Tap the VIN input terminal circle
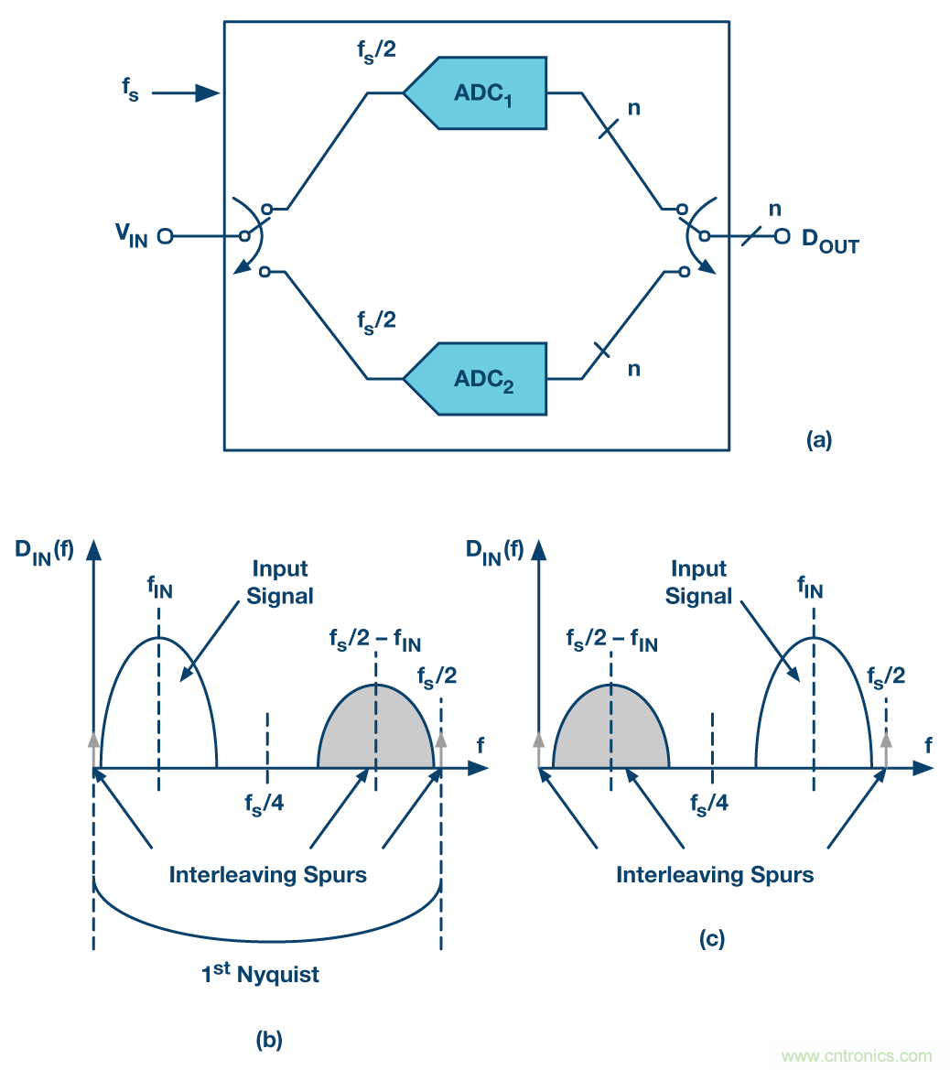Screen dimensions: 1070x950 pyautogui.click(x=165, y=236)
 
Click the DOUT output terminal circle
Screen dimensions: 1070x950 pyautogui.click(x=782, y=236)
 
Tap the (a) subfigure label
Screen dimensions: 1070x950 pyautogui.click(x=819, y=440)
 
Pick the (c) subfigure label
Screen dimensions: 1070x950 pyautogui.click(x=714, y=938)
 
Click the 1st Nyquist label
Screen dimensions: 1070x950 pyautogui.click(x=261, y=974)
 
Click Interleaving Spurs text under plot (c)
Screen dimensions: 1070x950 pyautogui.click(x=715, y=875)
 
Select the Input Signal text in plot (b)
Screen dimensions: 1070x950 pyautogui.click(x=280, y=582)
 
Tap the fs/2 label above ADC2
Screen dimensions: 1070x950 pyautogui.click(x=376, y=322)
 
